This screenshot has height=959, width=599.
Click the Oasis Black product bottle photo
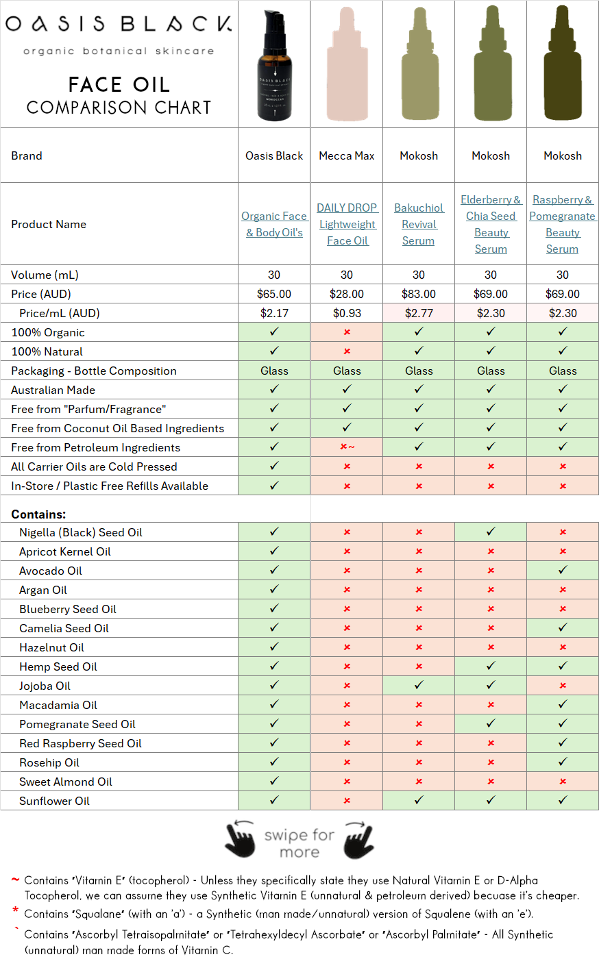point(274,65)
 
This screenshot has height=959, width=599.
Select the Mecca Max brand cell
point(347,155)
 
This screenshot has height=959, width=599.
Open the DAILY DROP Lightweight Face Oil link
point(347,224)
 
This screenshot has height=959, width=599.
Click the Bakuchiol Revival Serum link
point(419,224)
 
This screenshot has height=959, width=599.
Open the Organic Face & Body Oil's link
point(274,224)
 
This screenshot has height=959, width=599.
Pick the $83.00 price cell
point(419,294)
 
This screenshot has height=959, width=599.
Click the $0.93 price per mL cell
point(347,313)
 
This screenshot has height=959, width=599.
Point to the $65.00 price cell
point(274,294)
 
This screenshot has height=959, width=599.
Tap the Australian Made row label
point(53,390)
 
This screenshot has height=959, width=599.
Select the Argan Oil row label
point(43,590)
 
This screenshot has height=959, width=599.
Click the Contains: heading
point(38,514)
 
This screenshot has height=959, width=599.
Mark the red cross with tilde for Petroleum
point(347,447)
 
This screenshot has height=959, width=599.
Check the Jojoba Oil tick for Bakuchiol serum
point(419,685)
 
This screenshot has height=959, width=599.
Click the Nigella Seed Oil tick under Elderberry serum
point(491,532)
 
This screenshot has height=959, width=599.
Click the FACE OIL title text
point(119,84)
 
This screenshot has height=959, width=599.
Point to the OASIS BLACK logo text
point(119,24)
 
